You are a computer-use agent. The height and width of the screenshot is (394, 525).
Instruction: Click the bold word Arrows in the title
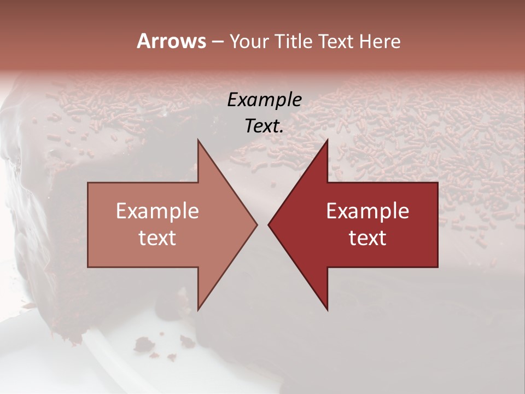171,41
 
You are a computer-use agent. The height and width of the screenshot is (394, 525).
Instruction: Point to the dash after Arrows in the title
217,42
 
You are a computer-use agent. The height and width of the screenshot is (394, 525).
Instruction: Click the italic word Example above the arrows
265,100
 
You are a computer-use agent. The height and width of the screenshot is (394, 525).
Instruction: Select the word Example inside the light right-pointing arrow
157,211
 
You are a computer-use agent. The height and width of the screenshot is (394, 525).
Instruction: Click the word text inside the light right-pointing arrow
157,238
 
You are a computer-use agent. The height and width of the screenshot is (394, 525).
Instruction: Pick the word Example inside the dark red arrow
367,211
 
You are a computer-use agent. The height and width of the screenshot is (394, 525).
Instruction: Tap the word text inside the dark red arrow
367,238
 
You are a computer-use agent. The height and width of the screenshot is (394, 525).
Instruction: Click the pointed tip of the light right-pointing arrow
256,225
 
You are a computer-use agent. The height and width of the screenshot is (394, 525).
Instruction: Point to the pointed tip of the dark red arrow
269,225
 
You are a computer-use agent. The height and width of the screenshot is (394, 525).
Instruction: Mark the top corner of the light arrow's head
198,140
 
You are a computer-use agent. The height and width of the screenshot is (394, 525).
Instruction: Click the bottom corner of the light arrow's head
198,310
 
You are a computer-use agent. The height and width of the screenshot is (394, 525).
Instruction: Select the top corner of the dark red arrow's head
327,140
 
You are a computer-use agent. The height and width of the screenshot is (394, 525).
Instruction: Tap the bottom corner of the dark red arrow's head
327,310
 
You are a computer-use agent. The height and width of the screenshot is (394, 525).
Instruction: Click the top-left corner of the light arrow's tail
89,183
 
